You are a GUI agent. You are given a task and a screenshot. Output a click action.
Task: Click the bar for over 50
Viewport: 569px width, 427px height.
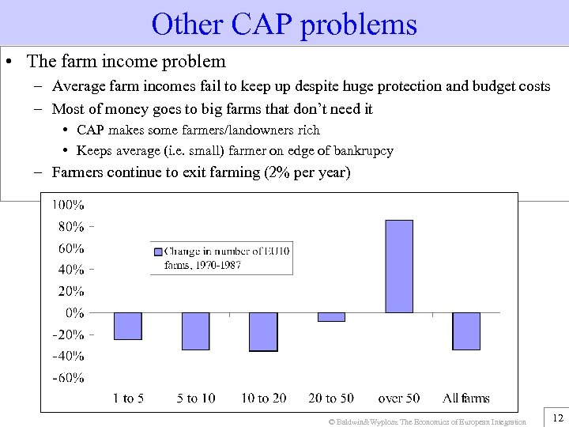pyautogui.click(x=398, y=266)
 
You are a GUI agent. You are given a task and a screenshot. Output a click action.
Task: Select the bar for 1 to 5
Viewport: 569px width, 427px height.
pyautogui.click(x=128, y=326)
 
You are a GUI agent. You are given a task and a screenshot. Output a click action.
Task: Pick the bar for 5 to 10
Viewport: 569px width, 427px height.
pyautogui.click(x=195, y=331)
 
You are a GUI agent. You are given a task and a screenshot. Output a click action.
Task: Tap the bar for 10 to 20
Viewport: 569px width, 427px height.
pyautogui.click(x=263, y=331)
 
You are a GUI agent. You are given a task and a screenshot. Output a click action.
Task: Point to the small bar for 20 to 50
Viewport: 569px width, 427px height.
pyautogui.click(x=331, y=316)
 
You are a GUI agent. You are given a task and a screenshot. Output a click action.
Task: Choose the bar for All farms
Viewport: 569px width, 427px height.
pyautogui.click(x=466, y=331)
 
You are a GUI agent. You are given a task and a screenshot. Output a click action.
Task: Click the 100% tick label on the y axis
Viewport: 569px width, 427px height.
pyautogui.click(x=68, y=205)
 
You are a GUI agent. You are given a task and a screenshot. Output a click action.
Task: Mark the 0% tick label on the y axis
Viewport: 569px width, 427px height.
pyautogui.click(x=74, y=312)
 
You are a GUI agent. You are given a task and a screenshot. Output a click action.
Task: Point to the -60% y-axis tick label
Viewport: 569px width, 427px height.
pyautogui.click(x=68, y=377)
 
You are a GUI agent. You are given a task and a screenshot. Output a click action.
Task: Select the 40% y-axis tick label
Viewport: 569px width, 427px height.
pyautogui.click(x=71, y=270)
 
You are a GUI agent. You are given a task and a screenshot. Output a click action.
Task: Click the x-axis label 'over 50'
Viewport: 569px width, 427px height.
pyautogui.click(x=399, y=398)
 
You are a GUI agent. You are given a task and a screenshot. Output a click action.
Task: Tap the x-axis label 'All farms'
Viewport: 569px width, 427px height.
pyautogui.click(x=466, y=398)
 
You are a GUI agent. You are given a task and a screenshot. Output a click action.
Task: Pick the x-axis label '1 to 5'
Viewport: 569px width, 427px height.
pyautogui.click(x=128, y=398)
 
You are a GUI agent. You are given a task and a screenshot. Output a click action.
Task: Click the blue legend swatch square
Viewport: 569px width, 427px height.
pyautogui.click(x=158, y=251)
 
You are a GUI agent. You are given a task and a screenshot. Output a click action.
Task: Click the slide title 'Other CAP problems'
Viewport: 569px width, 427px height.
pyautogui.click(x=284, y=25)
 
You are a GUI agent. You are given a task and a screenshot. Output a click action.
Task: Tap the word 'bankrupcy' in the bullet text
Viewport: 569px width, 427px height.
pyautogui.click(x=364, y=150)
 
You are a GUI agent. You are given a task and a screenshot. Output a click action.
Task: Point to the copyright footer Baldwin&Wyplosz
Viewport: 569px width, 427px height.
pyautogui.click(x=427, y=421)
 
